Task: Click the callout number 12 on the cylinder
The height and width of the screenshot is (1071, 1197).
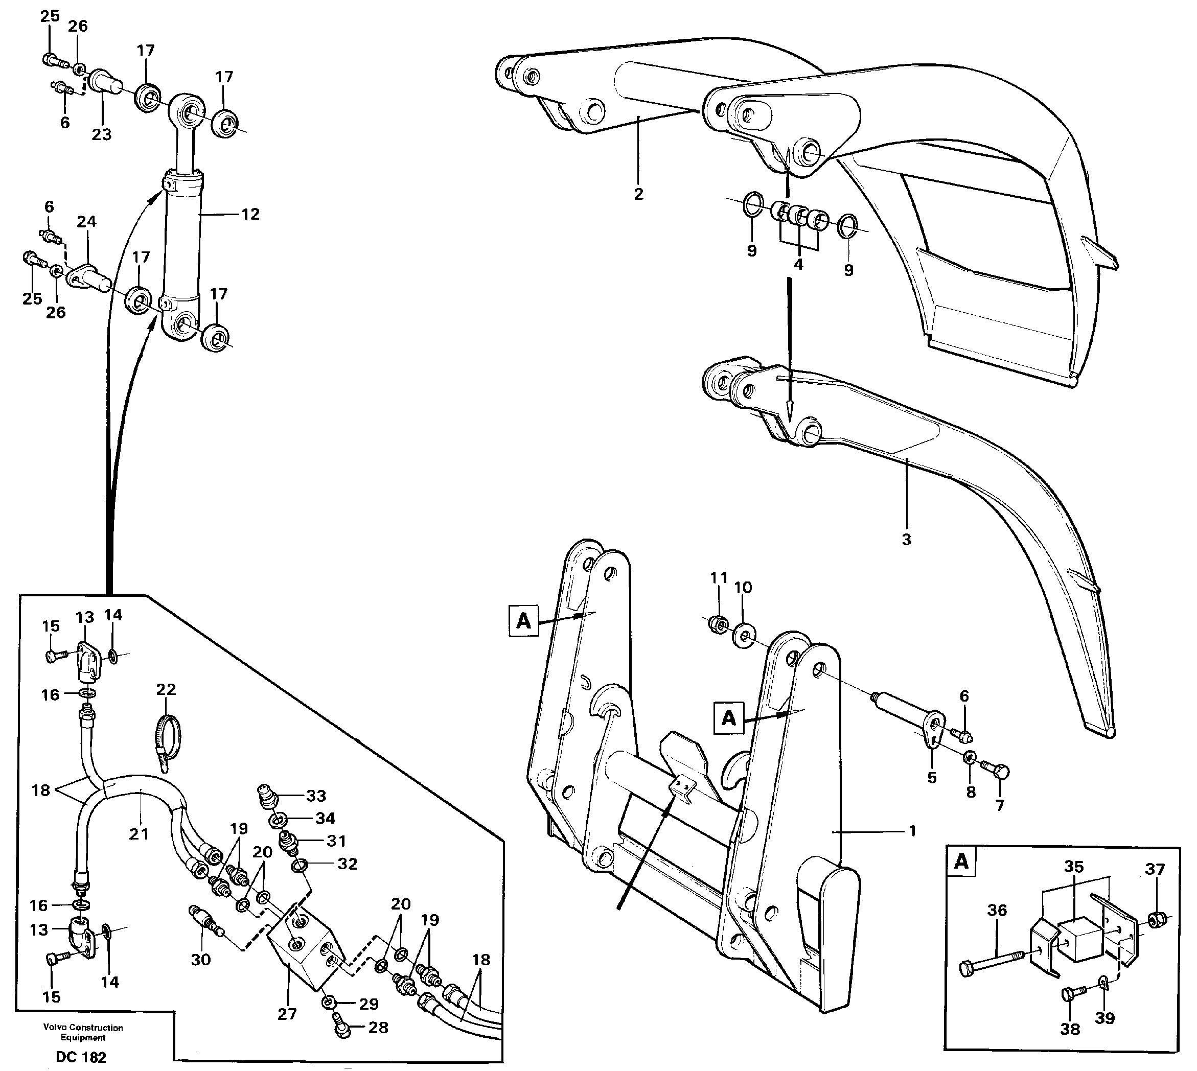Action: point(250,214)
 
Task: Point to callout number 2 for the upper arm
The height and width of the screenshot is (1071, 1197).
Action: point(639,194)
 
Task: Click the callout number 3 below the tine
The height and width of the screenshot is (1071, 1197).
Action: point(906,539)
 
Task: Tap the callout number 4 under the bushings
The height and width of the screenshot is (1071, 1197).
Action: point(798,265)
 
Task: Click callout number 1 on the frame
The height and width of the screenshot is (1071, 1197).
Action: point(912,831)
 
